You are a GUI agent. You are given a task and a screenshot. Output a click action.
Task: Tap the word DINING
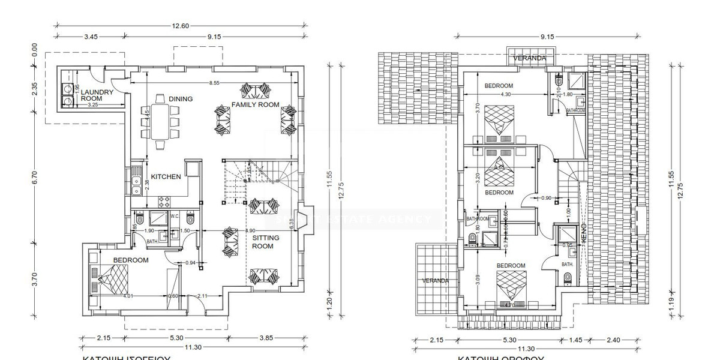[x=180, y=99]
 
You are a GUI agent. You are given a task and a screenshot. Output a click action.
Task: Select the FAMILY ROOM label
[x=256, y=104]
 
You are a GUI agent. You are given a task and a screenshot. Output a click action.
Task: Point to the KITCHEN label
[x=166, y=177]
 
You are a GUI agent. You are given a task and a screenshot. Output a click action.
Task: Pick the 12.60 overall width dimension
[x=181, y=25]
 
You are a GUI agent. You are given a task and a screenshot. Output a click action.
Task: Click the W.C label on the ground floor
[x=175, y=216]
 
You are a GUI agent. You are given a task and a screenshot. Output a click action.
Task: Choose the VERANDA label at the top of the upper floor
[x=530, y=58]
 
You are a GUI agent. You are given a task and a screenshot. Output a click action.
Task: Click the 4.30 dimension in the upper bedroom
[x=506, y=94]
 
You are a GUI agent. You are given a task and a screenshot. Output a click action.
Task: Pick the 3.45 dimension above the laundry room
[x=91, y=37]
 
